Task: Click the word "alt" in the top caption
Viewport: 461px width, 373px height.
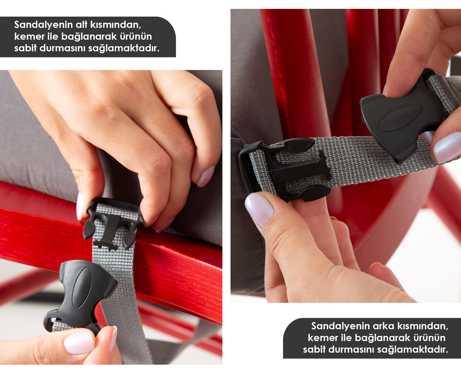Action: click(81, 25)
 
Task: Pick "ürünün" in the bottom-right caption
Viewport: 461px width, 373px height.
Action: click(429, 338)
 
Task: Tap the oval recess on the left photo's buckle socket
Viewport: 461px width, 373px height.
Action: click(82, 288)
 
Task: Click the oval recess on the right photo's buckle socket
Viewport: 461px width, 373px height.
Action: click(400, 118)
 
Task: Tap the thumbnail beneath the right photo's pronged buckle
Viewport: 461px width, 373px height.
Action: click(259, 210)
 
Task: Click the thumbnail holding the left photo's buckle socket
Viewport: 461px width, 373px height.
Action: click(79, 343)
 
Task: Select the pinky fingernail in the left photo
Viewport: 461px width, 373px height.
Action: click(205, 177)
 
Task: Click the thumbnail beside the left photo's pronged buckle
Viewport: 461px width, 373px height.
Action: click(80, 206)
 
